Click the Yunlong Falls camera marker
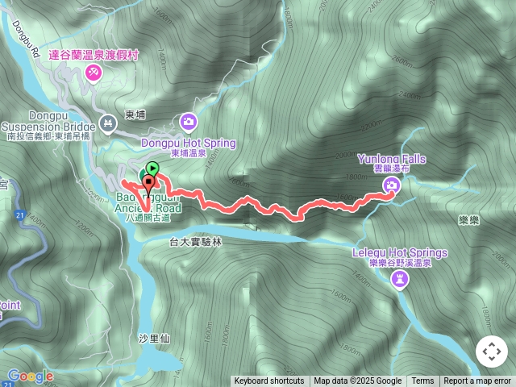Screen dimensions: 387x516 tap(391, 186)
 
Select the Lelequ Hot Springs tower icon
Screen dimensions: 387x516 tap(401, 279)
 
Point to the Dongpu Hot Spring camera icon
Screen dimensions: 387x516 tap(188, 121)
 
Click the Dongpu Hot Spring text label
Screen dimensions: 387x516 tap(188, 143)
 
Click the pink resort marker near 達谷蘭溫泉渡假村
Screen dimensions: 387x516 tap(93, 73)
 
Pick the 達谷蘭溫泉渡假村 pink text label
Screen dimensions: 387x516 tap(94, 55)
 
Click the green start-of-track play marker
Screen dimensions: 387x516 tap(152, 169)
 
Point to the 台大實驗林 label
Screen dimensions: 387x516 tap(194, 241)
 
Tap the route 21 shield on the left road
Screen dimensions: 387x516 tap(18, 216)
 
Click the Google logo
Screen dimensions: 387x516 tap(30, 376)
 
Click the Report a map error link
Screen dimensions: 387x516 tap(476, 381)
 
